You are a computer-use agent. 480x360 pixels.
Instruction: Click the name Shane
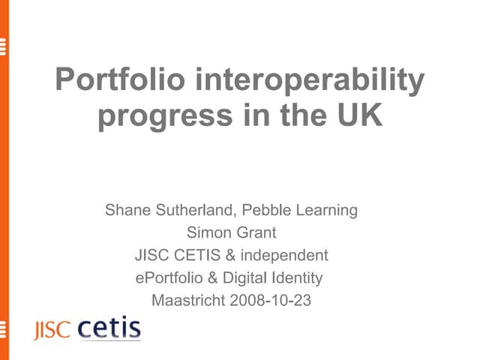click(x=127, y=210)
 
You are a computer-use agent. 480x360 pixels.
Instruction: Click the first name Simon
click(x=208, y=232)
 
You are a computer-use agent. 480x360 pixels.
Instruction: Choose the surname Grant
click(x=255, y=232)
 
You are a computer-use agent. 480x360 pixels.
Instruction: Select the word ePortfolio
click(x=168, y=278)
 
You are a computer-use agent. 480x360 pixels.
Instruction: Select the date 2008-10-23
click(x=272, y=301)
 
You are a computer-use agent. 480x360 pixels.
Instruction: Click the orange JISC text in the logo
click(x=51, y=331)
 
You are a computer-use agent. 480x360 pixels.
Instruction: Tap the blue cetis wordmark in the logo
click(x=109, y=328)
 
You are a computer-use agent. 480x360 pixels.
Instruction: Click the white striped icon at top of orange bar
click(x=4, y=46)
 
